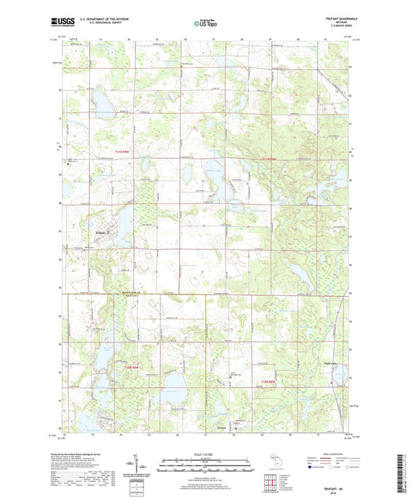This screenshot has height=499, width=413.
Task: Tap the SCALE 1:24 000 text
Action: (206, 453)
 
